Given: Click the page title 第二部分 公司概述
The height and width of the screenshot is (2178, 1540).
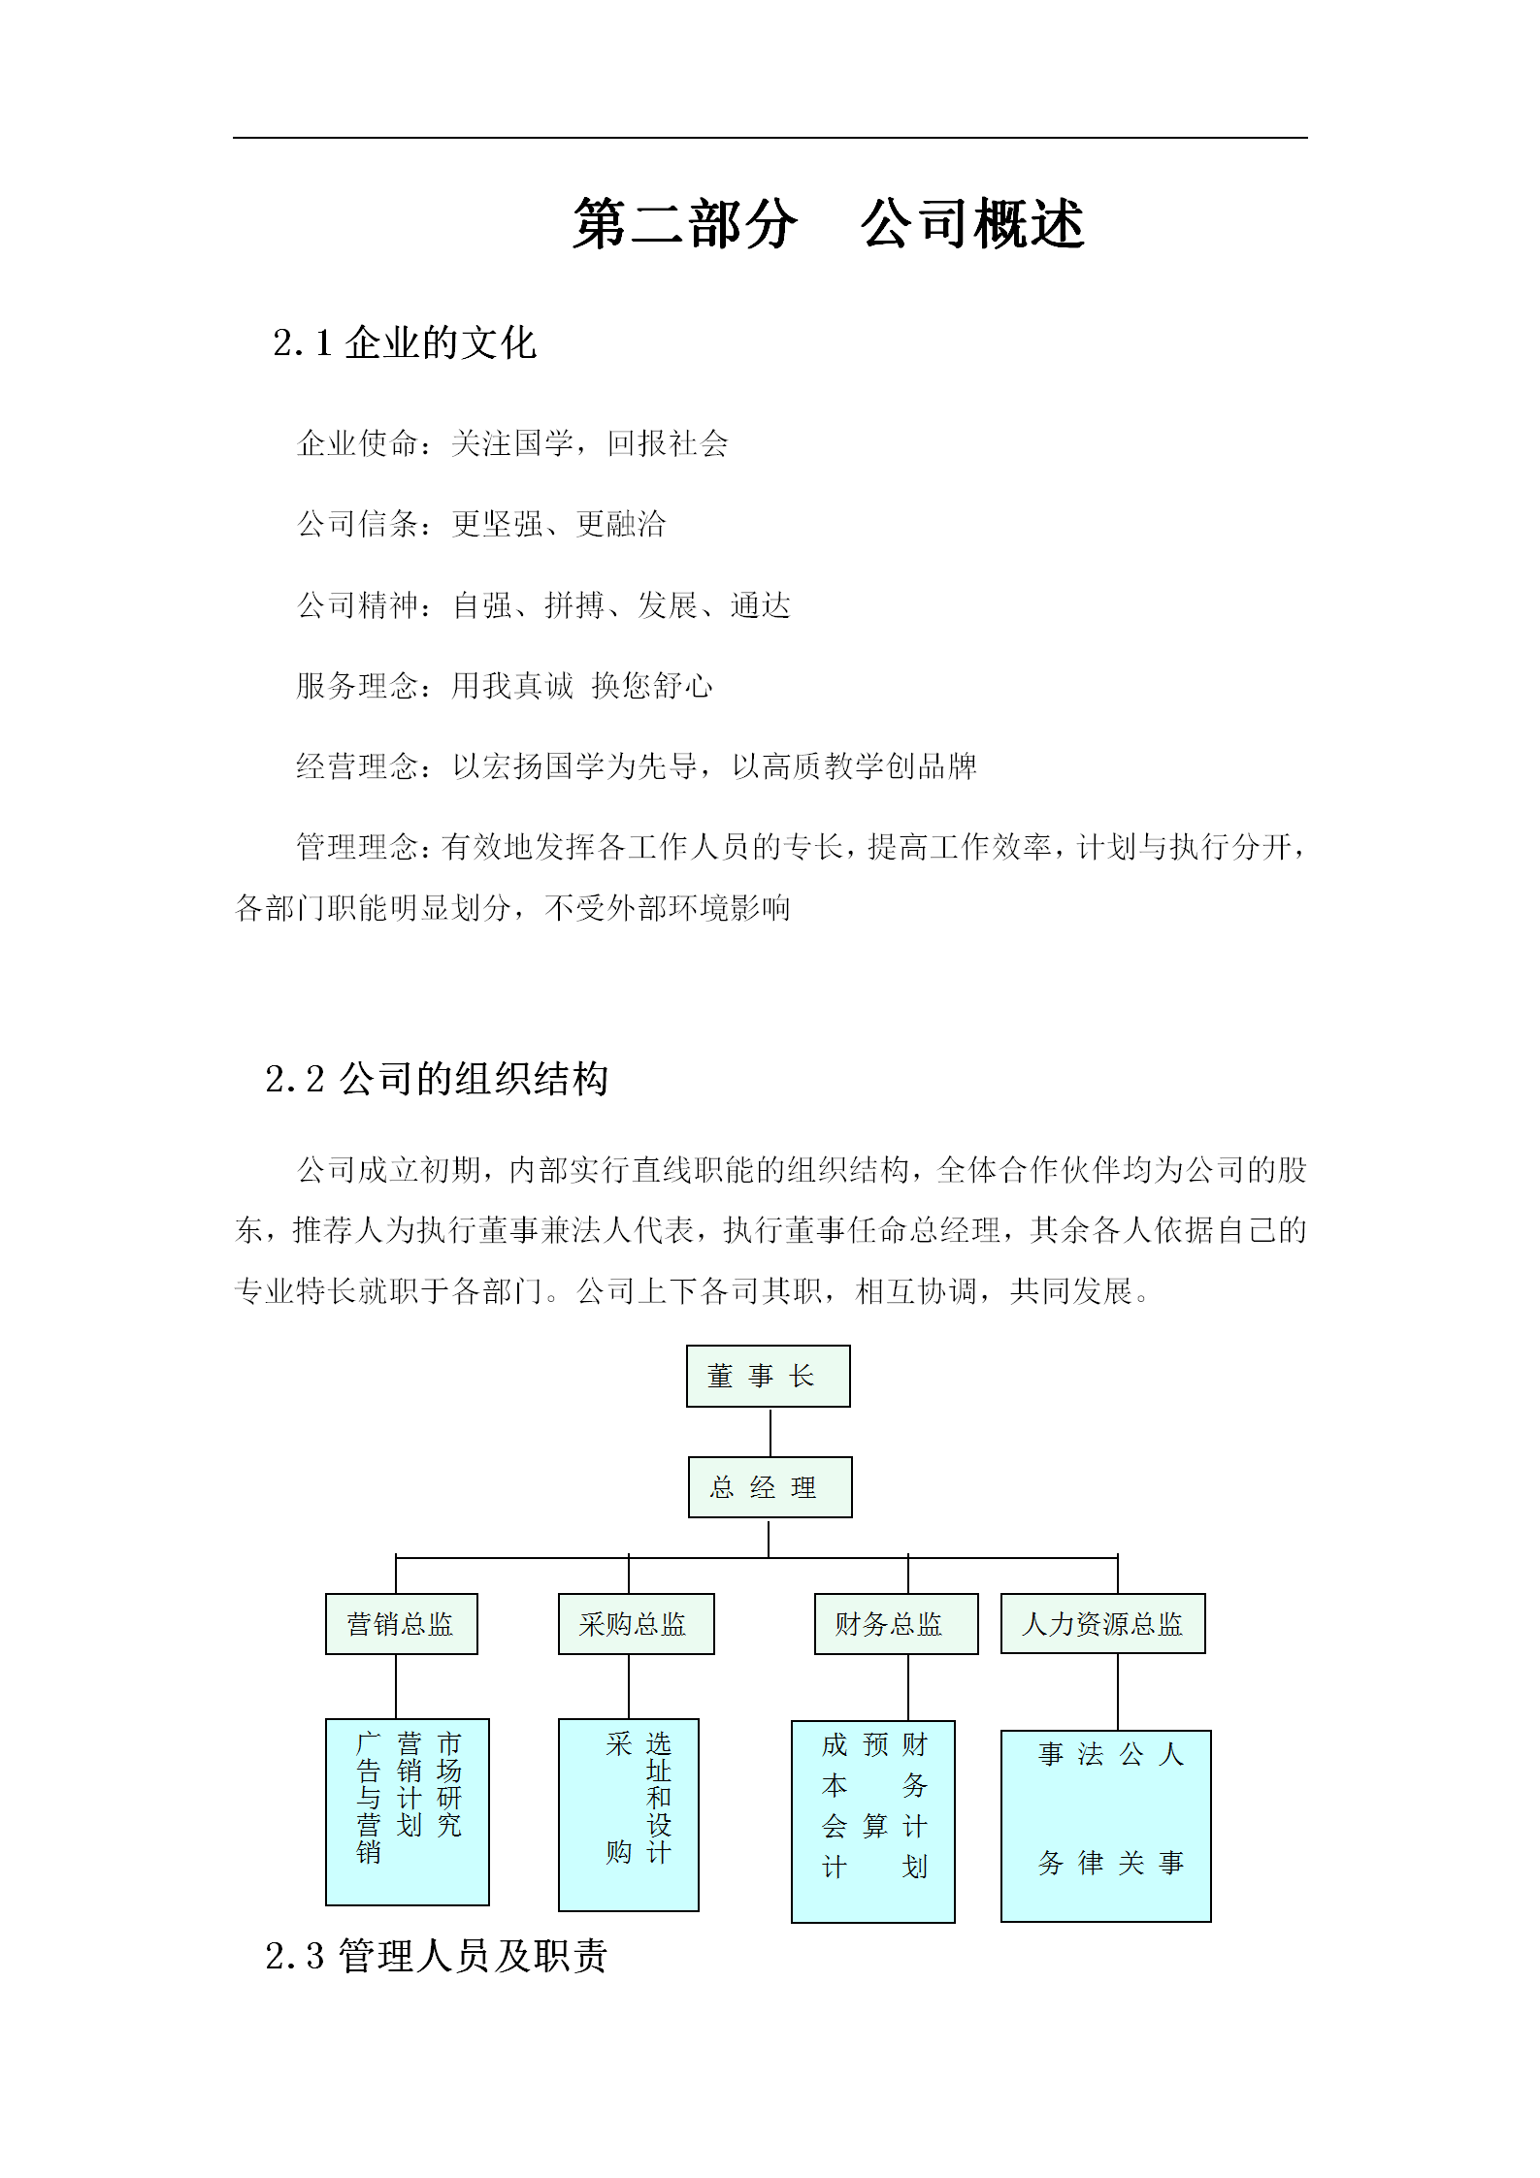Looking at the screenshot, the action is [x=828, y=224].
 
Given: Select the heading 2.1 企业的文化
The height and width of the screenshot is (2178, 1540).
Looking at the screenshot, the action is [x=405, y=343].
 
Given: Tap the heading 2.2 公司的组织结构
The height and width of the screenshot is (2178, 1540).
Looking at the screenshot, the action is [x=437, y=1079].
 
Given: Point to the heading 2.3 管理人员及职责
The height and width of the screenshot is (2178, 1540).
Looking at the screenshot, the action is [x=437, y=1956].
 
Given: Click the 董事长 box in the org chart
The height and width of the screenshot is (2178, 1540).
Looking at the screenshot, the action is [x=768, y=1376].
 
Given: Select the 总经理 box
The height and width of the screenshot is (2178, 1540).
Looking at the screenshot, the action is [x=770, y=1487].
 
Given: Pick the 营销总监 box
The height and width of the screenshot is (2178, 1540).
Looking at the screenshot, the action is [x=401, y=1624].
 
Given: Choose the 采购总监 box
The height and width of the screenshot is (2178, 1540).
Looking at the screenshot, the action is [x=636, y=1624].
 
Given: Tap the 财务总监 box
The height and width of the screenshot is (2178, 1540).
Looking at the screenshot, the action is [x=896, y=1624].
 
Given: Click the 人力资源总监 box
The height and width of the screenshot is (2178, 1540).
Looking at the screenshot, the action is [x=1102, y=1624].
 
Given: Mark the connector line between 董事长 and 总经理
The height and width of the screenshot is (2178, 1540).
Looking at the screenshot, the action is [x=770, y=1432].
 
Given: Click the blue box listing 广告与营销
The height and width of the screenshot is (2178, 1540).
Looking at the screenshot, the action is [x=407, y=1812].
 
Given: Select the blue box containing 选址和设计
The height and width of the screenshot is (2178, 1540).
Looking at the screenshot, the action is [x=628, y=1814].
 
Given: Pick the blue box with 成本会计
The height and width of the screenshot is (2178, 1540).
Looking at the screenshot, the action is [x=872, y=1822].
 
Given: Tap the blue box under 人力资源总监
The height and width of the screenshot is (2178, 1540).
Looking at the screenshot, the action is [x=1105, y=1826].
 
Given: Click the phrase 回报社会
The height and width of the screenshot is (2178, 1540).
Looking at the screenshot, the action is [x=668, y=444].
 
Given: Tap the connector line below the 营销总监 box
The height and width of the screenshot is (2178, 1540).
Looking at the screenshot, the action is [x=396, y=1686].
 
